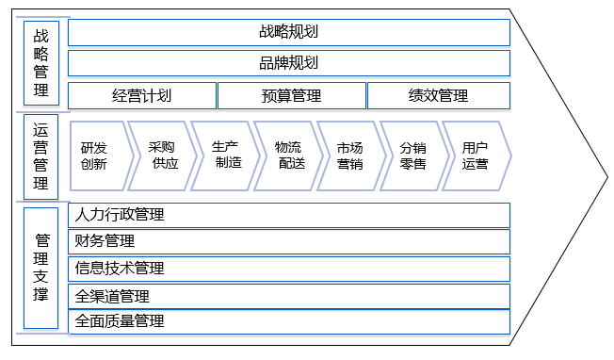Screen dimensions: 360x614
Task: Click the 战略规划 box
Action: tap(289, 32)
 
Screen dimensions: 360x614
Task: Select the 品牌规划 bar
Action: tap(289, 63)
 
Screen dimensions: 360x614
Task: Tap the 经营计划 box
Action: tap(142, 95)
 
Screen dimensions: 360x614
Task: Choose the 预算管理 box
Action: tap(291, 95)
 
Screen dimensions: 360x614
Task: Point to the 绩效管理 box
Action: tap(438, 95)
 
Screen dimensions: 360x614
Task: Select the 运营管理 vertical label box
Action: tap(40, 156)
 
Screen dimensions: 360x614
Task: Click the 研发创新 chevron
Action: tap(96, 155)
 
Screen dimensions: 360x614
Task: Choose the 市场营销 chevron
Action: tap(350, 155)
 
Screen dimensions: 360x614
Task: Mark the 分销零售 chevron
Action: tap(412, 155)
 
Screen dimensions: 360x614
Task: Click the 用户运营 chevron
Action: tap(475, 155)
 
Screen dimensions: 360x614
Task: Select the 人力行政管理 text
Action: tap(120, 215)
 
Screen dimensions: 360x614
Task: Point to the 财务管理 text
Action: tap(105, 241)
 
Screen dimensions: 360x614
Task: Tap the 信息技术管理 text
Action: tap(120, 269)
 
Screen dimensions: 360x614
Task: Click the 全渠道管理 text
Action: tap(112, 296)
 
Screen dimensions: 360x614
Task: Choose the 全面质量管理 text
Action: tap(120, 321)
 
